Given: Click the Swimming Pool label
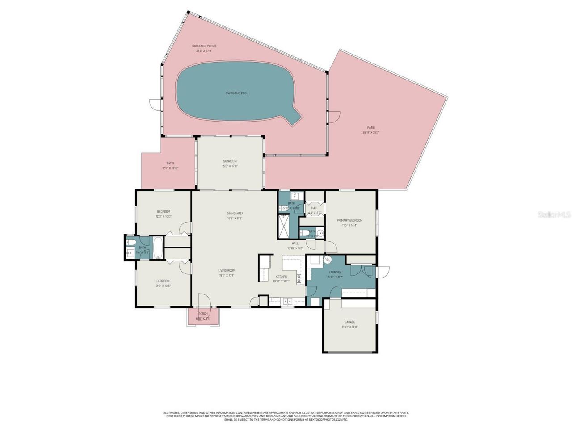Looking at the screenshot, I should tap(236, 93).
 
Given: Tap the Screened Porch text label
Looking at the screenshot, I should tap(204, 46).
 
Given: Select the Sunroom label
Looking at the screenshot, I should tap(230, 161).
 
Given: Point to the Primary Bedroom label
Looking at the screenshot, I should tap(349, 220).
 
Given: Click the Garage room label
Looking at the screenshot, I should tap(349, 322).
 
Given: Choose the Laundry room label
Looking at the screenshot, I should tap(335, 272).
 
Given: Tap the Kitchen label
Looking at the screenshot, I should tap(281, 277).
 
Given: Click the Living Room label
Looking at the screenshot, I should tap(227, 270).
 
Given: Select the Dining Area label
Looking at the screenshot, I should tap(235, 214).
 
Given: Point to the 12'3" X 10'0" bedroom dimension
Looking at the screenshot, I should tap(163, 216).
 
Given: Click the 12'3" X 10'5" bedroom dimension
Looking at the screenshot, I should tap(163, 286).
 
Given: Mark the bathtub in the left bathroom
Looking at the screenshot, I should tap(159, 248).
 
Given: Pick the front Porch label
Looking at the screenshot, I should tap(203, 314).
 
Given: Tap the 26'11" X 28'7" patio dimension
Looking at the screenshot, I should tap(371, 132).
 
